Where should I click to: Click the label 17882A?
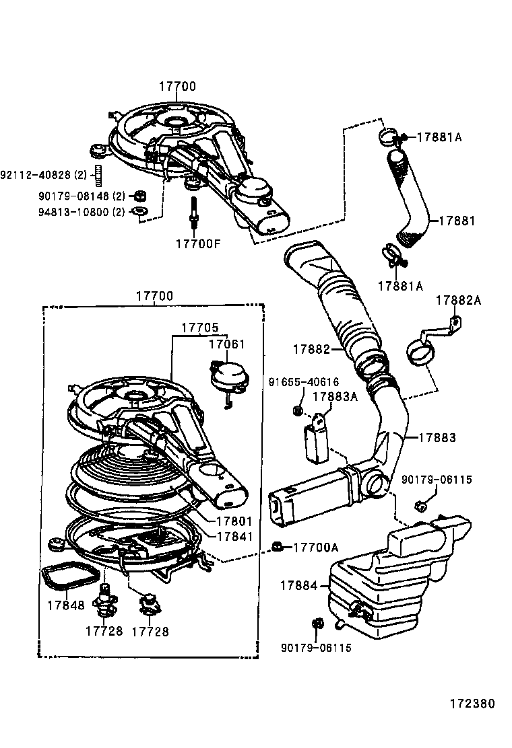point(458,301)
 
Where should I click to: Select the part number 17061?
point(226,344)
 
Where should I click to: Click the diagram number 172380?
point(472,704)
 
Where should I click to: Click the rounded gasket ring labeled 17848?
point(71,576)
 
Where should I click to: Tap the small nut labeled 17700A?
point(276,545)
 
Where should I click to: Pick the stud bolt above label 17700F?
point(193,210)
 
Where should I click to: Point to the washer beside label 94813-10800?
point(139,212)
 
